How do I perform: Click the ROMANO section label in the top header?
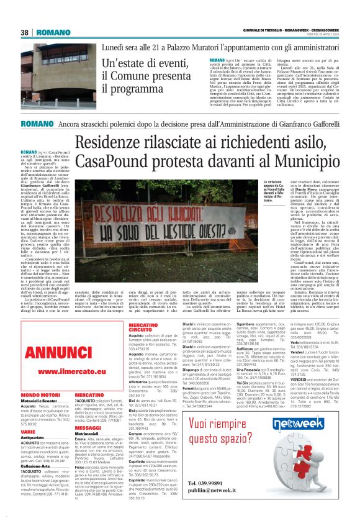point(57,32)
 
